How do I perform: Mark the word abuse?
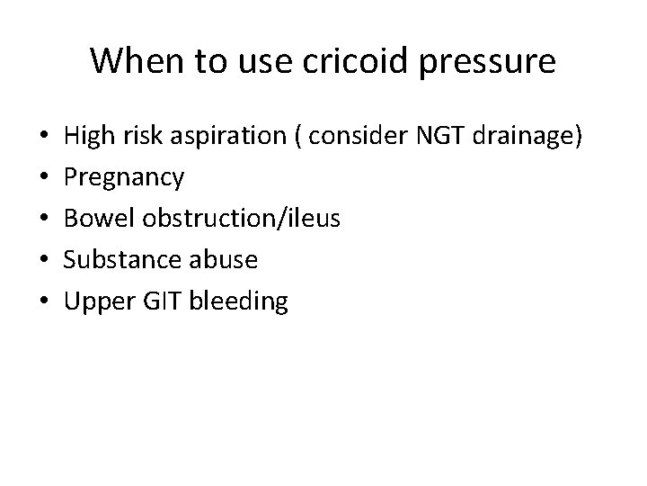click(227, 260)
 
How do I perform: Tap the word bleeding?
click(239, 301)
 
